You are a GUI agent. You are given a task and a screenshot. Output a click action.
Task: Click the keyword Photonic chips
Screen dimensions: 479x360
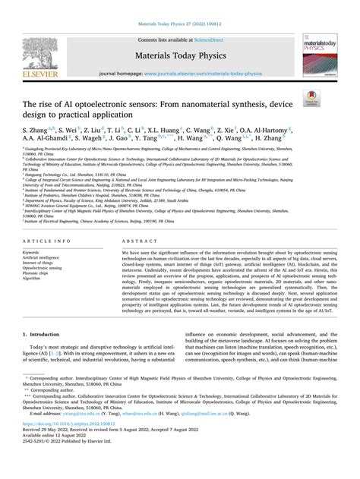(x=36, y=251)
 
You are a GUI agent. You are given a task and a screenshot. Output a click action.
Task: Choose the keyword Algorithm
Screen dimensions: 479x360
(x=32, y=257)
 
